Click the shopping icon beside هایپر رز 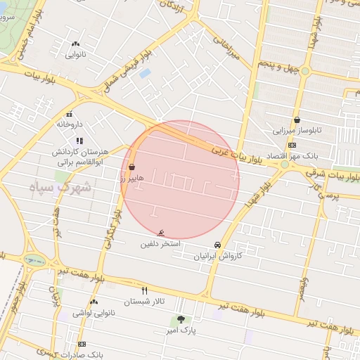pyautogui.click(x=132, y=167)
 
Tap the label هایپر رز pyautogui.click(x=131, y=179)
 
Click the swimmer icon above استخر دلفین pyautogui.click(x=162, y=233)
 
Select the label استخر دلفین pyautogui.click(x=160, y=244)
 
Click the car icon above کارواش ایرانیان pyautogui.click(x=218, y=245)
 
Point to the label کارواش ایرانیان pyautogui.click(x=218, y=256)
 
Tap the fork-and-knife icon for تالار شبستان pyautogui.click(x=145, y=290)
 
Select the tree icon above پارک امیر pyautogui.click(x=181, y=319)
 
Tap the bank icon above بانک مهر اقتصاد pyautogui.click(x=292, y=145)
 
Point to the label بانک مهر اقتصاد pyautogui.click(x=297, y=155)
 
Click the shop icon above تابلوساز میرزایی pyautogui.click(x=297, y=120)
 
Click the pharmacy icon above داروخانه pyautogui.click(x=69, y=114)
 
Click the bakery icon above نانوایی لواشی pyautogui.click(x=94, y=302)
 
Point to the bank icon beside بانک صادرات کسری pyautogui.click(x=82, y=344)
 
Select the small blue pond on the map pyautogui.click(x=145, y=73)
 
